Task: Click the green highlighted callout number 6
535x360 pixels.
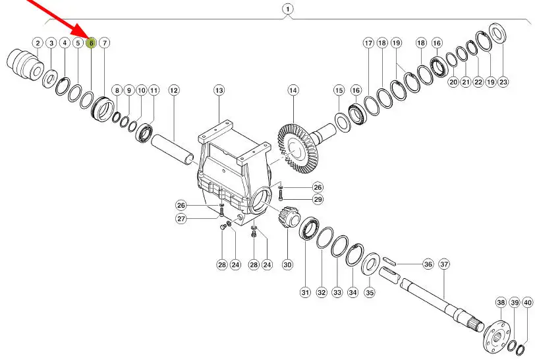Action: [91, 43]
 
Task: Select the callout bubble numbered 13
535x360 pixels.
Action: [219, 90]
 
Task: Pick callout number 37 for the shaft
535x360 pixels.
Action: [444, 264]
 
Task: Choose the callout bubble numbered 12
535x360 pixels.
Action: [174, 90]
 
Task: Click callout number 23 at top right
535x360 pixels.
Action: [503, 82]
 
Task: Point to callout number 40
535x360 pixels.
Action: [527, 303]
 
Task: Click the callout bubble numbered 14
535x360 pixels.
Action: [293, 90]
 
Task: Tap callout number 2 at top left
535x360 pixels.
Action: [38, 43]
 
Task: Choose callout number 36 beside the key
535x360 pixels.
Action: [428, 264]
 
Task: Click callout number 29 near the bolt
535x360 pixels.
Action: [318, 199]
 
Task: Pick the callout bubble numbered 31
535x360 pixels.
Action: [305, 292]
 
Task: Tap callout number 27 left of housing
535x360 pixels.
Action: [181, 218]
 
